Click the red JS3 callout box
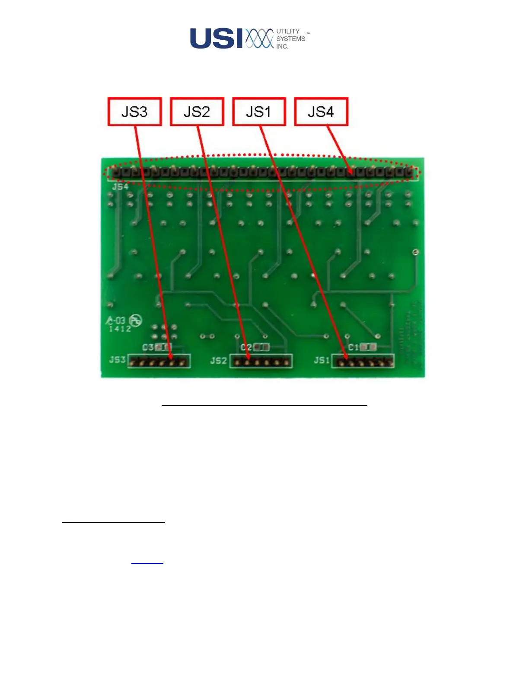pos(134,112)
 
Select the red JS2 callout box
pos(197,112)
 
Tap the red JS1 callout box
pos(259,112)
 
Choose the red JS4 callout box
pos(321,112)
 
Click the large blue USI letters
pos(216,38)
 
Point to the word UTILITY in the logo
pos(288,31)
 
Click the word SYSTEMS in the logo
pos(290,38)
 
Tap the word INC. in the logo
pos(282,46)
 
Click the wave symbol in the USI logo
pos(259,38)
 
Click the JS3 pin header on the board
pos(159,362)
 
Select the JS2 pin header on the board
pos(261,362)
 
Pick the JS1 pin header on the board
pos(363,362)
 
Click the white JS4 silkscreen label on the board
pos(120,187)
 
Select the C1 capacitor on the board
pos(368,347)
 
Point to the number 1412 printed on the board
pos(120,329)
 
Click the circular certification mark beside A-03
pos(136,320)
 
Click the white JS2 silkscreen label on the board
pos(219,361)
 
